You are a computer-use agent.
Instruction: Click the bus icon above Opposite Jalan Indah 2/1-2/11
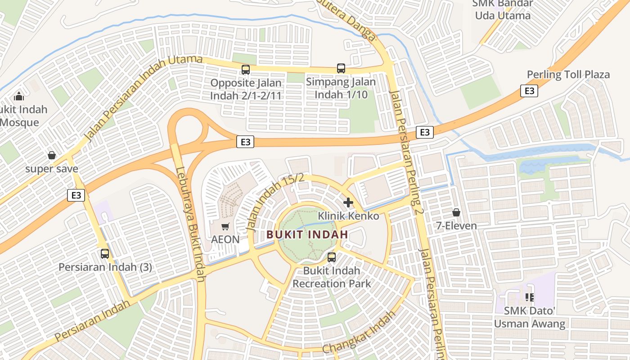pos(246,70)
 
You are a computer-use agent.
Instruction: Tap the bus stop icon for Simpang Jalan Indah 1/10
pos(341,68)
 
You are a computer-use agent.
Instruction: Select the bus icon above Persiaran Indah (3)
pos(105,253)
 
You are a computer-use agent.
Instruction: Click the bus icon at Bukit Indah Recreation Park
pos(332,257)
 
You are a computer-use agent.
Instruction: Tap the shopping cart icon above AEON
pos(225,226)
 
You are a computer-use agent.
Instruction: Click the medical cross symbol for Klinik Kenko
pos(348,202)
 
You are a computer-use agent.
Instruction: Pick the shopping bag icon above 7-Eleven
pos(456,212)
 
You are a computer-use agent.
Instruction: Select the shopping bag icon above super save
pos(52,156)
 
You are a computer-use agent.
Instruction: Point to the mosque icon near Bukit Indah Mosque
pos(19,96)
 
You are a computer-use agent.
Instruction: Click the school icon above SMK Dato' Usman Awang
pos(529,297)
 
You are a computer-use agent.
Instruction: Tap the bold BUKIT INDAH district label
pos(307,234)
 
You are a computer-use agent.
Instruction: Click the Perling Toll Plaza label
pos(568,74)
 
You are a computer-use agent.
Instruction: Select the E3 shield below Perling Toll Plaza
pos(529,91)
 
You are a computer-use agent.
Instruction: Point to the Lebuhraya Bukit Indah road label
pos(190,225)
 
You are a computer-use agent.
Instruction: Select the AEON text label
pos(225,239)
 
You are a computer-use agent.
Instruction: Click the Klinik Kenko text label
pos(348,216)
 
